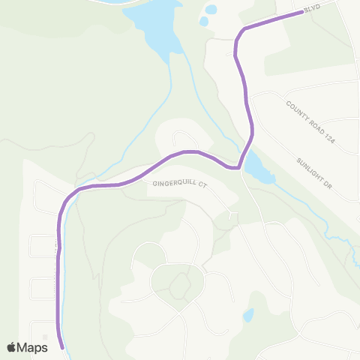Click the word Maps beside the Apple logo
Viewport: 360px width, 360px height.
click(33, 346)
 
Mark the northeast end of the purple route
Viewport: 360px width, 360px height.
click(303, 13)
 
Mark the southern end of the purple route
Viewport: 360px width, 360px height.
click(61, 347)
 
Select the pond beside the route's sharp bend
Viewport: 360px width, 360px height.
click(256, 169)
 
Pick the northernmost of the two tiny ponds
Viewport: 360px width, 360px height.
click(211, 10)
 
